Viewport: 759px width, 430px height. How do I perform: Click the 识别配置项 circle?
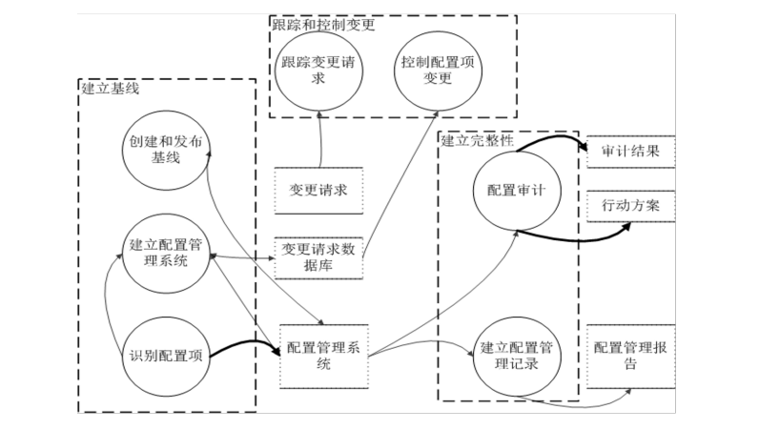click(x=166, y=355)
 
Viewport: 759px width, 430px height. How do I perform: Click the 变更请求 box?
click(x=318, y=188)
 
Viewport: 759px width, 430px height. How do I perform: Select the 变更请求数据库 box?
click(x=318, y=256)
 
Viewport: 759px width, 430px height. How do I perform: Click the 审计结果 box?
click(x=631, y=152)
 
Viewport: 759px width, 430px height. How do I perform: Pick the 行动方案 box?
click(x=631, y=205)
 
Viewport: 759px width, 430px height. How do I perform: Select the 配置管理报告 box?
click(x=631, y=354)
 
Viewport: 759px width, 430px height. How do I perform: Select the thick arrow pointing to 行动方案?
click(x=591, y=235)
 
